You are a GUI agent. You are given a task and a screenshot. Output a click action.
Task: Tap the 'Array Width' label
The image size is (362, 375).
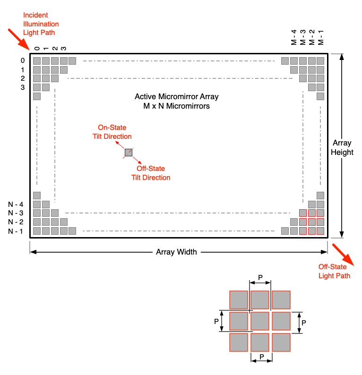[176, 252]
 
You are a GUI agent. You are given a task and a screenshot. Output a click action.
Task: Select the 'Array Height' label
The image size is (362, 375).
[343, 147]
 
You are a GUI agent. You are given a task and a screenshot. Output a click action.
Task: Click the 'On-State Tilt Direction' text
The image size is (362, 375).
[112, 132]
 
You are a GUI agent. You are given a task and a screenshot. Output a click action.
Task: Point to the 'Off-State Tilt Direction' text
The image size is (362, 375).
[151, 173]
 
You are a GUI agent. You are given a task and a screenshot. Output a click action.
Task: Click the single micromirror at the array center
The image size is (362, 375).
[129, 152]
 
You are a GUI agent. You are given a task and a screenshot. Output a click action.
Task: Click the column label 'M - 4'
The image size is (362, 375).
[293, 38]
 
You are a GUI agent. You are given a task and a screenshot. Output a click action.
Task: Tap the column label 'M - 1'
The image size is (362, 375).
[321, 38]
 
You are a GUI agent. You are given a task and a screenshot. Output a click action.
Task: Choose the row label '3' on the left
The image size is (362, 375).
[23, 87]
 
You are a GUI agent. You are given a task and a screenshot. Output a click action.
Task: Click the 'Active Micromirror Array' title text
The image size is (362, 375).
[176, 97]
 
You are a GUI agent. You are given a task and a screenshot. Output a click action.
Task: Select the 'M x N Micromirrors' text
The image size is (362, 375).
[176, 106]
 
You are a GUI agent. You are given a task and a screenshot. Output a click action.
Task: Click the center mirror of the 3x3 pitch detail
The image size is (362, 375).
[260, 321]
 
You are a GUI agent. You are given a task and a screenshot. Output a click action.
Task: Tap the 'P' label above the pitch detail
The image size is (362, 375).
[260, 277]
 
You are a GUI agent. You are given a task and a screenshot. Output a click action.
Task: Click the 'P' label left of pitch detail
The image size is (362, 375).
[216, 321]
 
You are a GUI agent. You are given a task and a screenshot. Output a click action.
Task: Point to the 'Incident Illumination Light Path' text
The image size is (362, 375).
[41, 24]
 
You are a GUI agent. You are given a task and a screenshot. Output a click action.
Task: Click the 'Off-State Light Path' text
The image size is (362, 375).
[334, 271]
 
